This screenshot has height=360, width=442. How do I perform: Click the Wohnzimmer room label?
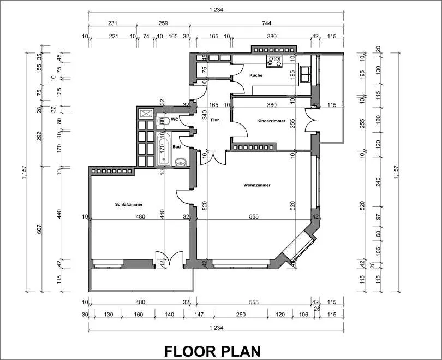pos(257,185)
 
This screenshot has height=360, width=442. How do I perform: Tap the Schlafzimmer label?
pos(129,204)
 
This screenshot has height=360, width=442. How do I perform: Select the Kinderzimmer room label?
pos(271,121)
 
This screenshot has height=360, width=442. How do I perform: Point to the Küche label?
pos(256,75)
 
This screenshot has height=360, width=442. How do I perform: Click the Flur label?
pos(215,120)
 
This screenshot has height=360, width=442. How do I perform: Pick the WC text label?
pos(175,119)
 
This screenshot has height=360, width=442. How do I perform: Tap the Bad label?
pos(177,147)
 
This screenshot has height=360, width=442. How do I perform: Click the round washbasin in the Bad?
pos(181,162)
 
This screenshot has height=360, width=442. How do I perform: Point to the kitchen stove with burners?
pos(274,61)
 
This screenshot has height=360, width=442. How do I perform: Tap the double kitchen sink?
pos(305,74)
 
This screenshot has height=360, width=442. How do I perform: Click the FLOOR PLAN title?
pos(212,351)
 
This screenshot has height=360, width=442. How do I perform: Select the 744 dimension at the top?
pos(266,23)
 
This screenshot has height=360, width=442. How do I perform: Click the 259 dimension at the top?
pos(163,23)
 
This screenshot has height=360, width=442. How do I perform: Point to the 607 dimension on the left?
pos(39,229)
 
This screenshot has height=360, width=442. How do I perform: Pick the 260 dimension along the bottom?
pos(241,314)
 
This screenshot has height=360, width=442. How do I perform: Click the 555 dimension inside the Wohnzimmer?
pos(254,216)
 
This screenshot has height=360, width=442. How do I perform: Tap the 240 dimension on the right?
pos(378,182)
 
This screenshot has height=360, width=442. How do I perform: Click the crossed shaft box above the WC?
pos(147,114)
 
